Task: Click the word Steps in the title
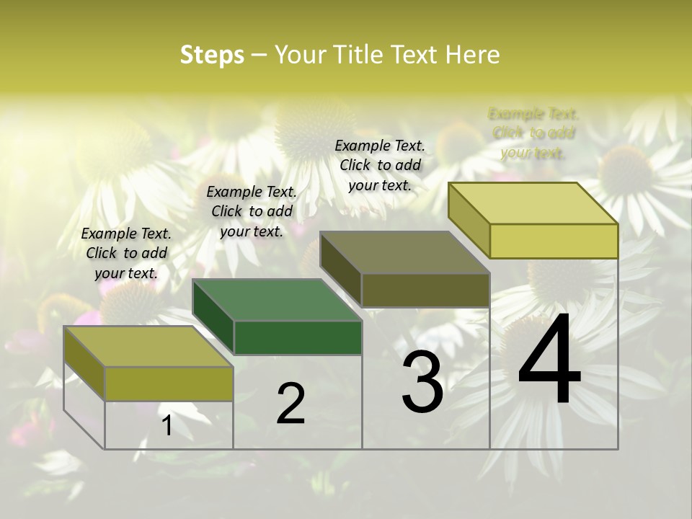pyautogui.click(x=212, y=56)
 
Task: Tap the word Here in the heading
pyautogui.click(x=473, y=56)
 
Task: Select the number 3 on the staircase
pyautogui.click(x=422, y=383)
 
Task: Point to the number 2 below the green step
pyautogui.click(x=290, y=404)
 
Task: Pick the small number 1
pyautogui.click(x=167, y=425)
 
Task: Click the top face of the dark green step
pyautogui.click(x=277, y=299)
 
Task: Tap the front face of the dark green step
pyautogui.click(x=298, y=337)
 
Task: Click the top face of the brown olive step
pyautogui.click(x=405, y=252)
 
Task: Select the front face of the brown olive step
pyautogui.click(x=425, y=290)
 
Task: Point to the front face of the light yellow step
pyautogui.click(x=554, y=241)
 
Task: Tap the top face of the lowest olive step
pyautogui.click(x=148, y=346)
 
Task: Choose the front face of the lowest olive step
pyautogui.click(x=169, y=383)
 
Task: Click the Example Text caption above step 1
pyautogui.click(x=126, y=253)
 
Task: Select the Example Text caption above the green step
pyautogui.click(x=252, y=211)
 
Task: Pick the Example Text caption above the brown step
pyautogui.click(x=380, y=165)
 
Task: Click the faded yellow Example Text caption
pyautogui.click(x=533, y=133)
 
